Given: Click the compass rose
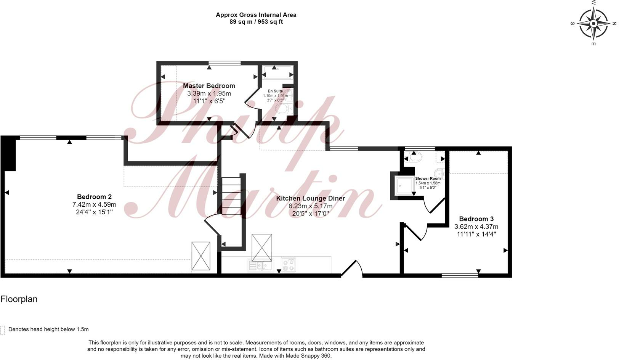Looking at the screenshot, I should [593, 24].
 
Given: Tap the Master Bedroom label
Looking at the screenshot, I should [209, 86].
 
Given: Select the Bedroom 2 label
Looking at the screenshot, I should [94, 197].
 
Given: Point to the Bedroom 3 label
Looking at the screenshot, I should [476, 219].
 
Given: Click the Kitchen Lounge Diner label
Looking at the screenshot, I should [310, 198].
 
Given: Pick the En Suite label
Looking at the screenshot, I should [275, 91].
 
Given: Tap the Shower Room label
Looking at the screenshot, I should [428, 178].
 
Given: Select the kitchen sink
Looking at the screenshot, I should [260, 265].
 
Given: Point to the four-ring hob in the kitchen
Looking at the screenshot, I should [288, 265].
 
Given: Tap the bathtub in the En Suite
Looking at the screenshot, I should [277, 72].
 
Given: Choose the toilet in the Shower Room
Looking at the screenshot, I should [414, 156].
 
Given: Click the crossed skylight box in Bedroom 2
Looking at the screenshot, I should [201, 256].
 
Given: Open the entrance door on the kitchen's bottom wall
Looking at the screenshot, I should [351, 268].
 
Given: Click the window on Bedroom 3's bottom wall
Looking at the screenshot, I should [460, 275].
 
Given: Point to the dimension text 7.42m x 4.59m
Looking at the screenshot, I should [94, 204].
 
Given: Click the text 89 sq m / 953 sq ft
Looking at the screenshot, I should [256, 22].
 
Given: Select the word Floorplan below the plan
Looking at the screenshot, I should [19, 299].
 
